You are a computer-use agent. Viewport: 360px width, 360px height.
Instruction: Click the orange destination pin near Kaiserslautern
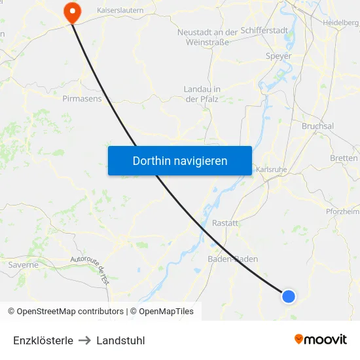(x=70, y=11)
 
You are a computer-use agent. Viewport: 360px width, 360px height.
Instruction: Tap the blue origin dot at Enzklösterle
(x=288, y=297)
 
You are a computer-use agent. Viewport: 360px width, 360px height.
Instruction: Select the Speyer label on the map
(x=278, y=56)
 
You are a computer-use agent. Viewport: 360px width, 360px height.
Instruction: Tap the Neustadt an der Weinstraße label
(x=207, y=37)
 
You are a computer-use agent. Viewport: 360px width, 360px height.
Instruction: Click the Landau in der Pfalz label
(x=202, y=94)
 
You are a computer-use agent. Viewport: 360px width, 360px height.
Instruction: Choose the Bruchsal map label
(x=317, y=126)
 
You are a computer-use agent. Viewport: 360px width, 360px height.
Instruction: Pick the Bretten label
(x=344, y=158)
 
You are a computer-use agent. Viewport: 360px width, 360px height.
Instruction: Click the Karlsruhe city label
(x=272, y=170)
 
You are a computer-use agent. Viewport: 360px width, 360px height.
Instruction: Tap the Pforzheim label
(x=343, y=211)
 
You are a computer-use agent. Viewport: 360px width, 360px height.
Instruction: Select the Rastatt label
(x=225, y=223)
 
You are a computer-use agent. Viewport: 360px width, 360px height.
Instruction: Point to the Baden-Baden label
(x=232, y=259)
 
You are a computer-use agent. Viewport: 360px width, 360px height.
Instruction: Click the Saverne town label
(x=24, y=265)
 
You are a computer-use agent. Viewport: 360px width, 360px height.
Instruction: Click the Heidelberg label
(x=340, y=23)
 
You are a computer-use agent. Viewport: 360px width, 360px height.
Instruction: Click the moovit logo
(x=320, y=339)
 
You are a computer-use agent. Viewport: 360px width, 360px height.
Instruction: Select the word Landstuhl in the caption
(x=120, y=340)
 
